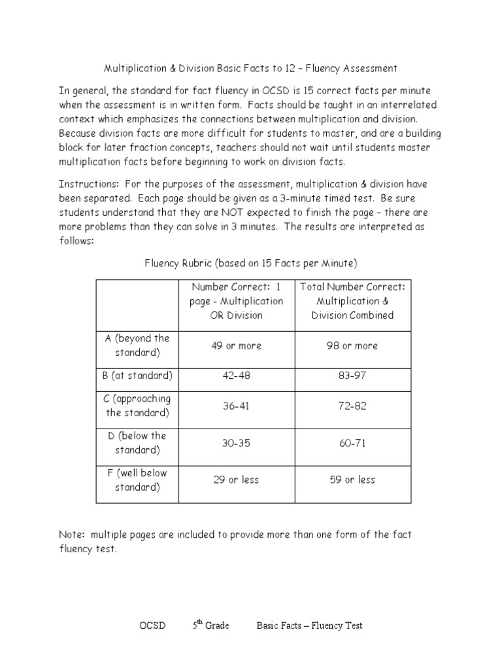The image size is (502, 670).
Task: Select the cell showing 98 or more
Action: [352, 345]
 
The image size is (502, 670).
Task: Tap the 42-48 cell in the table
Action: [235, 376]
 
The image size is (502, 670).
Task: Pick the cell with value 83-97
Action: [352, 376]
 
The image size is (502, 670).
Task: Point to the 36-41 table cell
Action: [235, 406]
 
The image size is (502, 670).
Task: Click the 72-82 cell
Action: [352, 406]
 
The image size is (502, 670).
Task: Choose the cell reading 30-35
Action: [235, 443]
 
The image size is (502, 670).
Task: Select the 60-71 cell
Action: [352, 443]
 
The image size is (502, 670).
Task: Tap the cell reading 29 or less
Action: [235, 480]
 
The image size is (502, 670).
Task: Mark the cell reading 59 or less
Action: [352, 480]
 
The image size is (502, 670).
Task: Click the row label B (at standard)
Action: [137, 376]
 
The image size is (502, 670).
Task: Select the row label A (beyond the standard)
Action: [137, 345]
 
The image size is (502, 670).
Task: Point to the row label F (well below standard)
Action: [137, 480]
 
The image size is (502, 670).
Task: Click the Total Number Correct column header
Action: [352, 300]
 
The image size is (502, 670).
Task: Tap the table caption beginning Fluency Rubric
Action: [250, 263]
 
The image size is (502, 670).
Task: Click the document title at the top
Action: [250, 68]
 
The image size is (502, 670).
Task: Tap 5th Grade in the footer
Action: [210, 626]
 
